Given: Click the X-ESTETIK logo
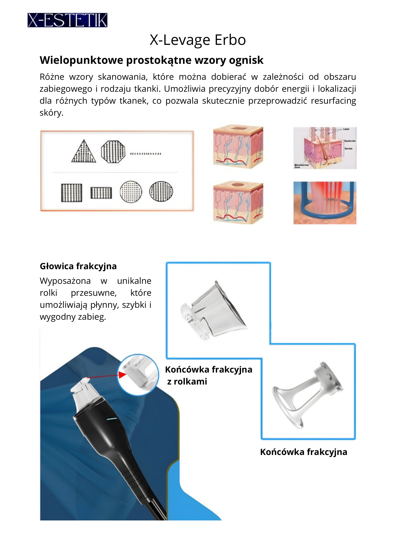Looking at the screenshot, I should tap(67, 20).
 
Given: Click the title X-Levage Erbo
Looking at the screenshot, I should tap(198, 40).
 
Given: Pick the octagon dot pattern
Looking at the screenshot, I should tap(113, 152).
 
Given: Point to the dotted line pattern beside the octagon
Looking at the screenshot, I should tap(146, 154).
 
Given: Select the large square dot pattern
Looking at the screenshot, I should tap(71, 192).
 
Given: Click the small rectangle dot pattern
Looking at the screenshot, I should tap(101, 193).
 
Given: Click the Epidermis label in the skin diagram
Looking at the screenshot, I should tap(350, 141).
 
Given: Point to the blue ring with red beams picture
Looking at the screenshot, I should tap(325, 203).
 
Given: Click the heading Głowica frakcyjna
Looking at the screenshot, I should tap(78, 266).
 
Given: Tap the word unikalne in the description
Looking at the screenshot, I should tap(134, 281).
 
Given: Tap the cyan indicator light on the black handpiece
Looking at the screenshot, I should tap(111, 419).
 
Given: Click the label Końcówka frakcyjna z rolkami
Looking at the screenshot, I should tap(208, 375).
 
